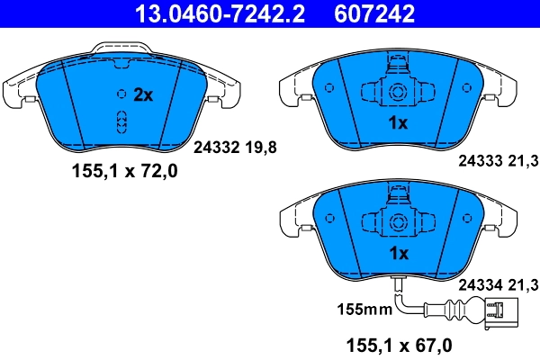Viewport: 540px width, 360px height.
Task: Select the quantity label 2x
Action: coord(145,94)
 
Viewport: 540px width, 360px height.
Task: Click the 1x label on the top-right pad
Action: coord(397,123)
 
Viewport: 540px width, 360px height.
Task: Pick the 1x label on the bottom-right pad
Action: coord(397,254)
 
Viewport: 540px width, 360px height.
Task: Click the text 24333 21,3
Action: coord(497,161)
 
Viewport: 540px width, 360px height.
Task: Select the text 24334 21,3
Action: coord(497,284)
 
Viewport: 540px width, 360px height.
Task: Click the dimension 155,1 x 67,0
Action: coord(399,345)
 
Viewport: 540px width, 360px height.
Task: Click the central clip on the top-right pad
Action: coord(397,89)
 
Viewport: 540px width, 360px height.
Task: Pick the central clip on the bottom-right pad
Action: coord(397,220)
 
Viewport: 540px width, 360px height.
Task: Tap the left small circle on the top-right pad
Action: coord(329,88)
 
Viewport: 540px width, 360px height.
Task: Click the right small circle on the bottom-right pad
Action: coord(465,219)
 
